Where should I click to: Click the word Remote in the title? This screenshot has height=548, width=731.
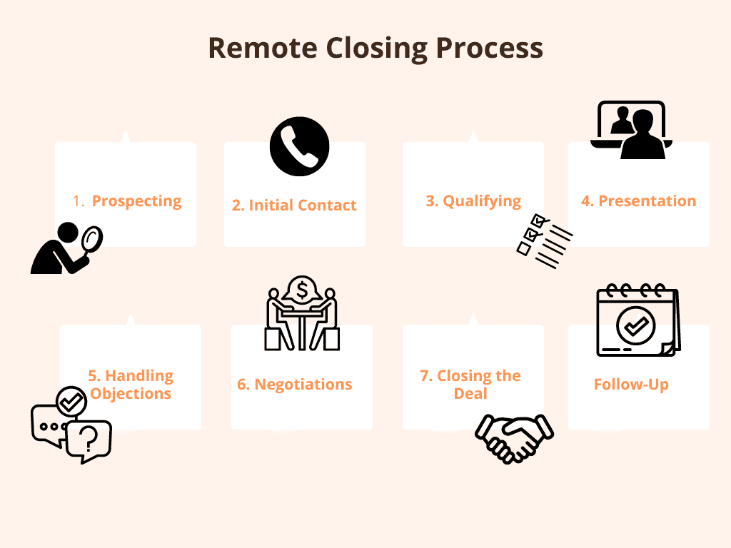263,48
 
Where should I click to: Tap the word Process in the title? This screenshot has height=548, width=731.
490,48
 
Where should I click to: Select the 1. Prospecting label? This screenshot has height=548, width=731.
127,201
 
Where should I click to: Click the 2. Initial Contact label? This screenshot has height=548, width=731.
294,205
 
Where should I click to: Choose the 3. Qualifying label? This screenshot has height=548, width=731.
473,201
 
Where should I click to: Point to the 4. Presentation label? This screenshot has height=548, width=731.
639,201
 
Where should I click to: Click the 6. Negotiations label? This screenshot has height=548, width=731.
295,385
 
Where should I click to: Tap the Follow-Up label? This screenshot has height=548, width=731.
631,385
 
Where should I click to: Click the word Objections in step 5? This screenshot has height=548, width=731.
131,394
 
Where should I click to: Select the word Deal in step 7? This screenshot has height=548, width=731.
470,393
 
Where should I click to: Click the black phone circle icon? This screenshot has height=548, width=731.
299,146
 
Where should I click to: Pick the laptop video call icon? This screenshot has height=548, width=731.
631,130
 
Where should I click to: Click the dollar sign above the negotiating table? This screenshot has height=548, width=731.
302,291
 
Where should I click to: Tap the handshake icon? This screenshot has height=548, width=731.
514,439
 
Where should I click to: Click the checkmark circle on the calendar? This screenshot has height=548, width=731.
636,325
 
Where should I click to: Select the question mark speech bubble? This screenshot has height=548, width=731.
89,441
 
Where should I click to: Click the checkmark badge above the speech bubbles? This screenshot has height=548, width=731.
71,401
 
